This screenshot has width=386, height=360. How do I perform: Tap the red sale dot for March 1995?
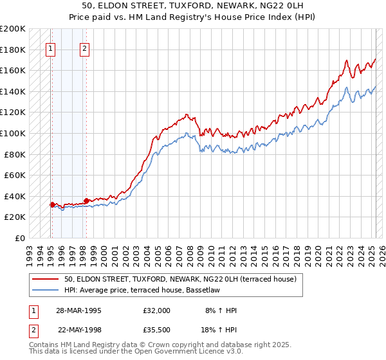pos(52,204)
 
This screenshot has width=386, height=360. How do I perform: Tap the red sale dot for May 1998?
pos(86,201)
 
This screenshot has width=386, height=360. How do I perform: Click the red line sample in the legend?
pos(45,280)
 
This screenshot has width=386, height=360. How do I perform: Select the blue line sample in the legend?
pos(45,290)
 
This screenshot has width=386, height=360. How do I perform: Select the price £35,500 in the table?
pos(157,330)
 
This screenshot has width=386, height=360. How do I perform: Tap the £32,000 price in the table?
pos(157,310)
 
